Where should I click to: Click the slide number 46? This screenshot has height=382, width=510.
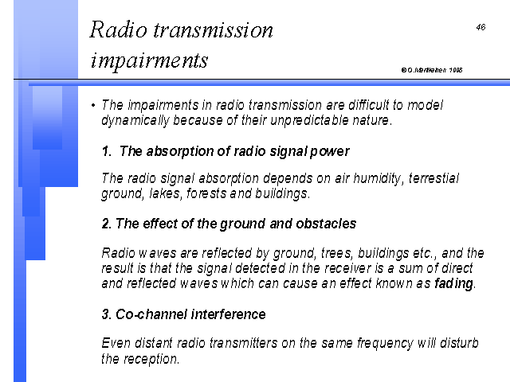click(481, 27)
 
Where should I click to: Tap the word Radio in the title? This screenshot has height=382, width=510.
click(119, 29)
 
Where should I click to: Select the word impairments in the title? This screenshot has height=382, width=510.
click(149, 60)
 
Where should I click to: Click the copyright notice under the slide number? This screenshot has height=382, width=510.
click(432, 70)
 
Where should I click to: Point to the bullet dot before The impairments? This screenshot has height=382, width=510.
click(93, 105)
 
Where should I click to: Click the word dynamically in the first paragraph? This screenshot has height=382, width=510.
click(135, 120)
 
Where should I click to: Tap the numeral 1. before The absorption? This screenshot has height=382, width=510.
click(107, 151)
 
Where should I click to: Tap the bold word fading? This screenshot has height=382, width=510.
click(453, 283)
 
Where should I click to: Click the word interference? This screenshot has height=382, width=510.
click(229, 314)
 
